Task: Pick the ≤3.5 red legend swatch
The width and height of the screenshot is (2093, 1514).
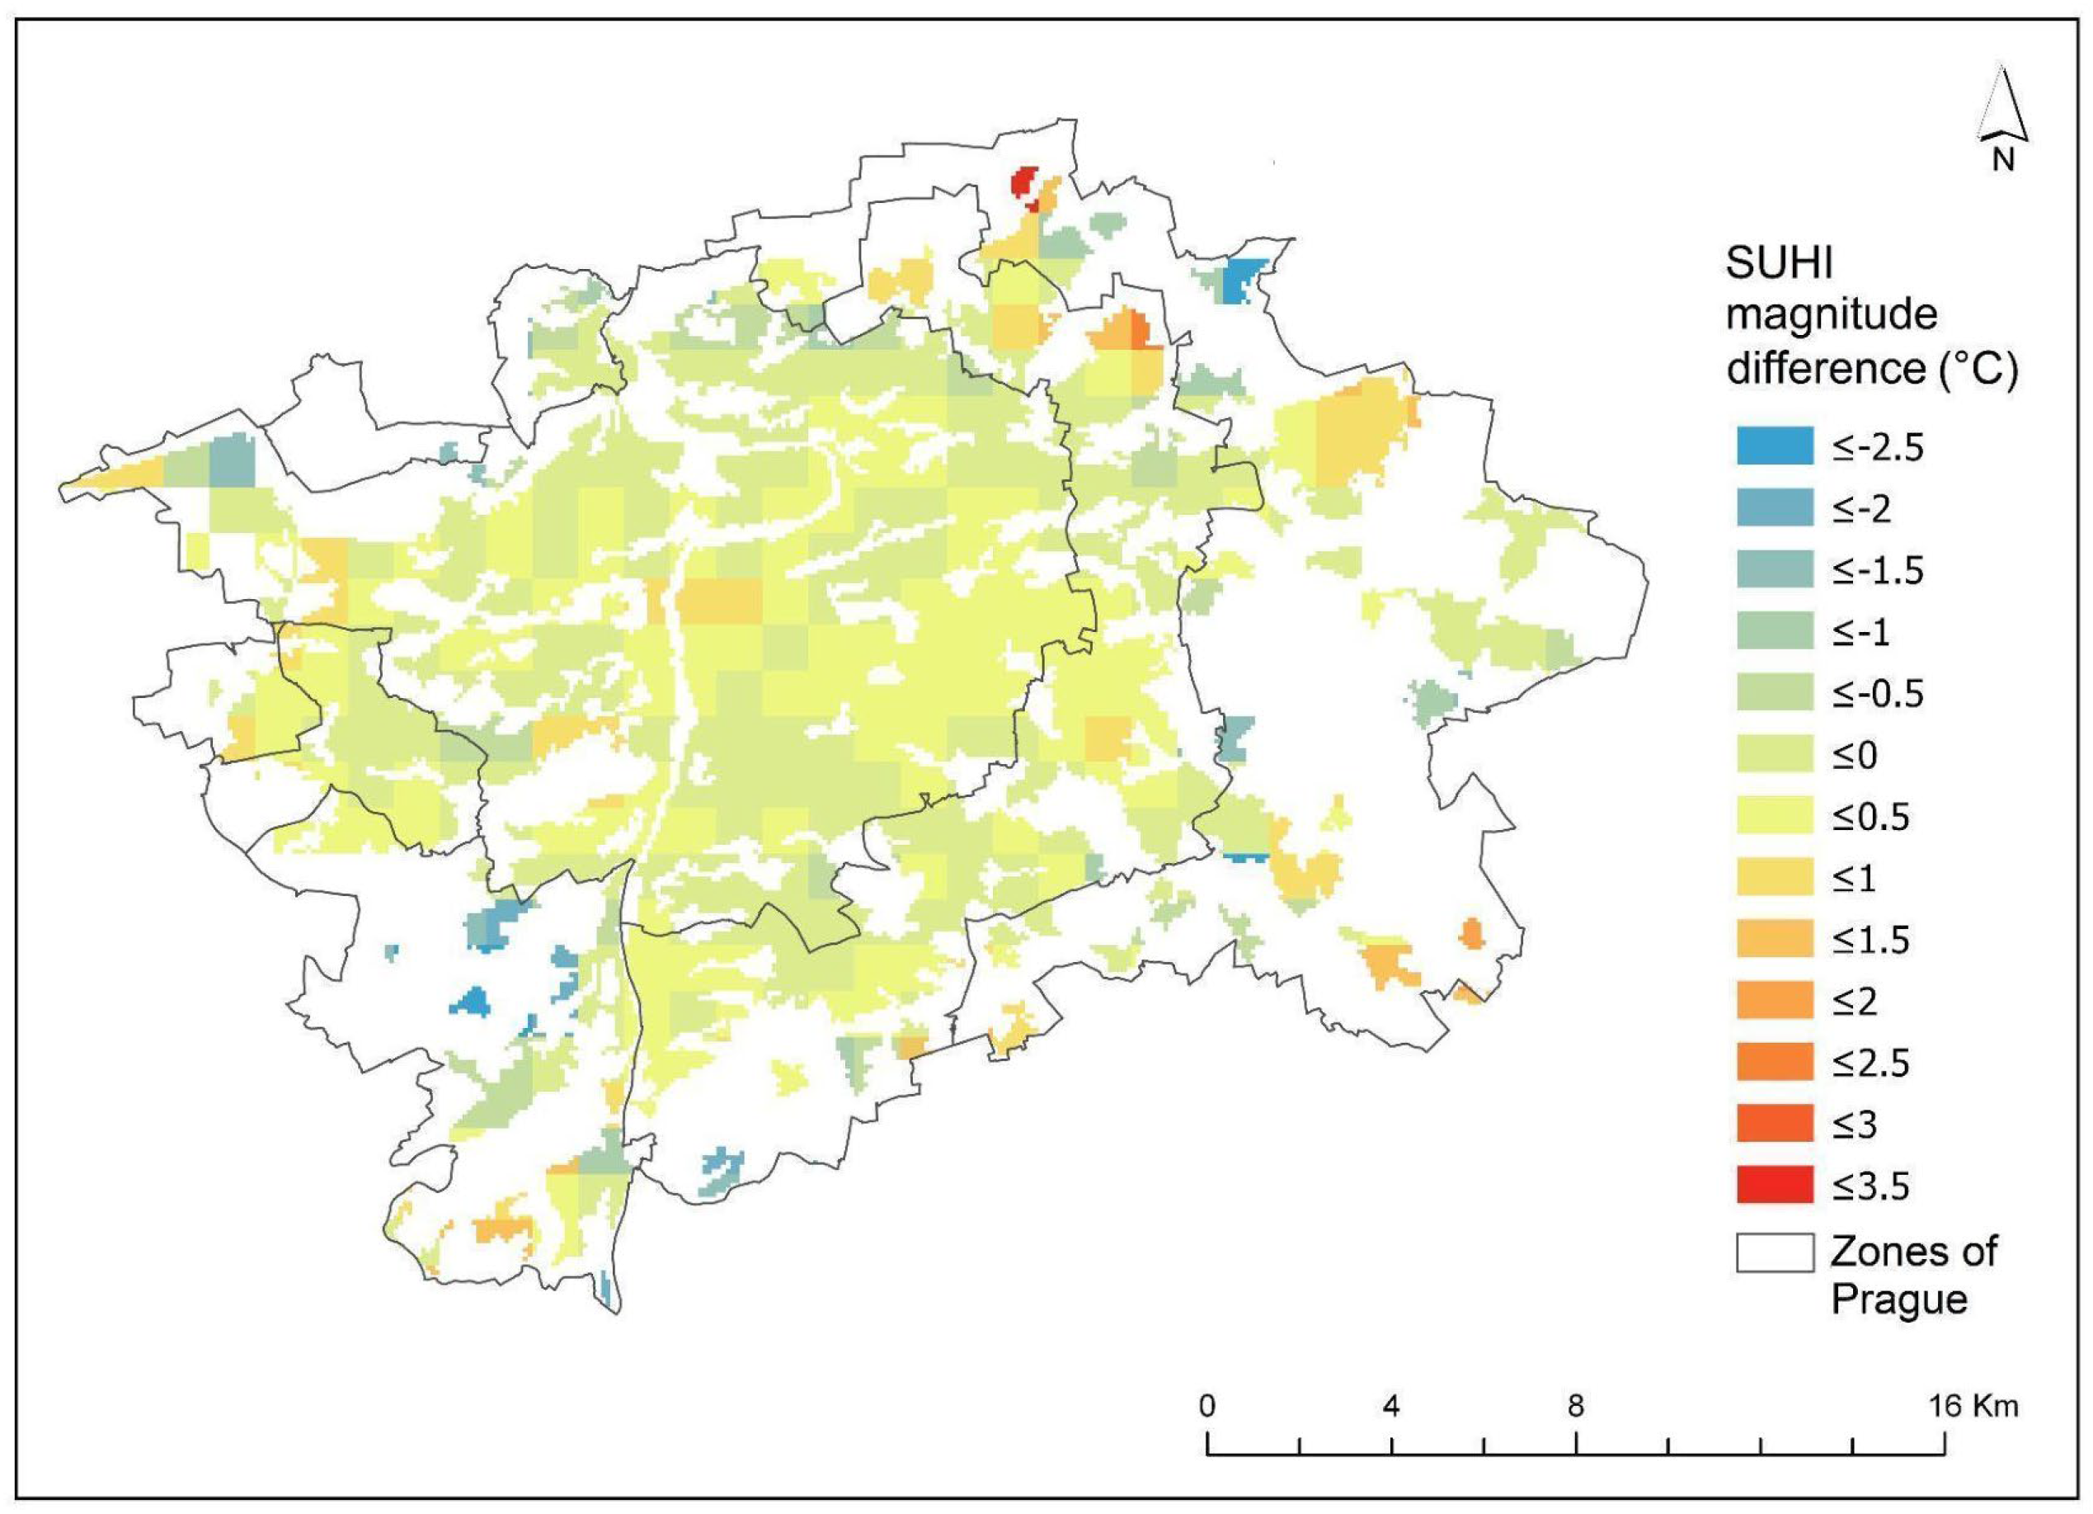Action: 1774,1186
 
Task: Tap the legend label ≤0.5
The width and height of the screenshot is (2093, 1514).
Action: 1870,816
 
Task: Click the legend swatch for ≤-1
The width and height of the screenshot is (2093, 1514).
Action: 1774,631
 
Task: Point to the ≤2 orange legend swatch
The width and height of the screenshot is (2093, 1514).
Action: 1774,1001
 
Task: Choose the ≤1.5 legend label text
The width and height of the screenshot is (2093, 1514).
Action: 1870,940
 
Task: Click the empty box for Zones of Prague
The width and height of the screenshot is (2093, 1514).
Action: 1774,1252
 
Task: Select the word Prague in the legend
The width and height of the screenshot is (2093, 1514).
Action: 1898,1299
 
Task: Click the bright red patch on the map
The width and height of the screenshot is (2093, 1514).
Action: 1023,183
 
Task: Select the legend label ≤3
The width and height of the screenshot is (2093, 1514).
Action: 1855,1125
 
